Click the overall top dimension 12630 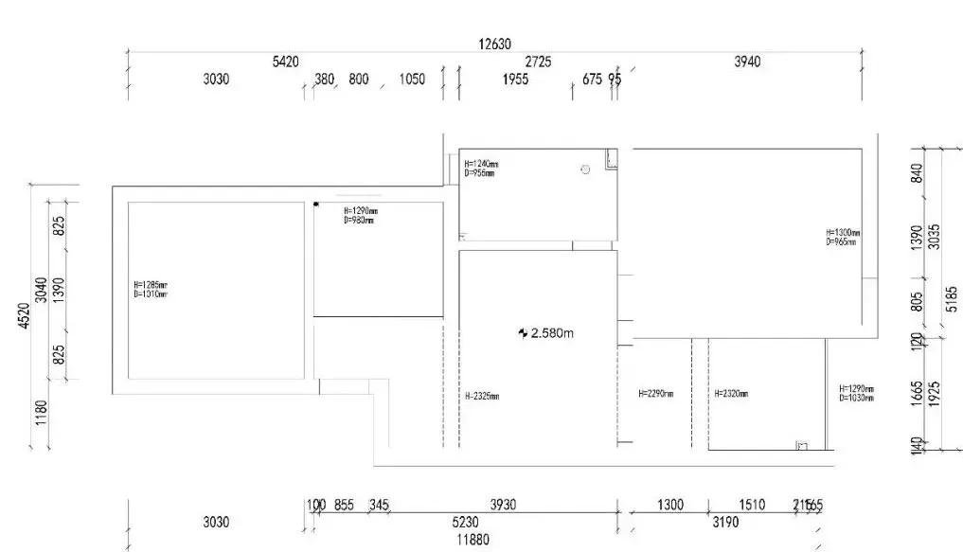pyautogui.click(x=494, y=44)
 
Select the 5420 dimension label pyautogui.click(x=285, y=62)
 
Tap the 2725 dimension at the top pyautogui.click(x=538, y=62)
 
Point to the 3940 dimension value pyautogui.click(x=747, y=62)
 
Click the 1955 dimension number pyautogui.click(x=515, y=80)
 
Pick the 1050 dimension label pyautogui.click(x=411, y=80)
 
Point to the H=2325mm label pyautogui.click(x=482, y=396)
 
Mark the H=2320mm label pyautogui.click(x=731, y=393)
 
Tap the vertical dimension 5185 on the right pyautogui.click(x=952, y=298)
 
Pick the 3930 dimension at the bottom pyautogui.click(x=503, y=505)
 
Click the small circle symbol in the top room pyautogui.click(x=585, y=169)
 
